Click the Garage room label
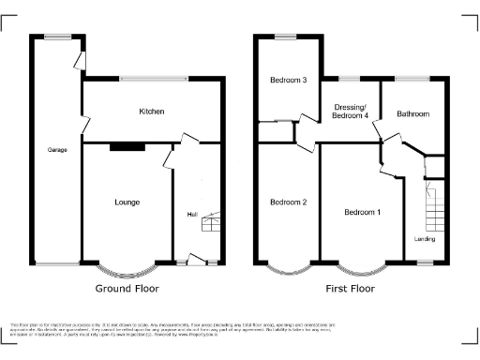pyautogui.click(x=58, y=150)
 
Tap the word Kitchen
pyautogui.click(x=152, y=112)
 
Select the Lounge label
pyautogui.click(x=127, y=202)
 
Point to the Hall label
pyautogui.click(x=191, y=215)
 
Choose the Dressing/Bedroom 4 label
pyautogui.click(x=352, y=111)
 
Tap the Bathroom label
pyautogui.click(x=412, y=113)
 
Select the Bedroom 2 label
pyautogui.click(x=289, y=202)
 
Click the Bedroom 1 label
pyautogui.click(x=362, y=212)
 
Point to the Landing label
pyautogui.click(x=425, y=239)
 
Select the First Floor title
pyautogui.click(x=351, y=289)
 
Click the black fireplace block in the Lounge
pyautogui.click(x=127, y=146)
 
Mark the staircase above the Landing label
pyautogui.click(x=432, y=208)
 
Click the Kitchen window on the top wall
pyautogui.click(x=152, y=79)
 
